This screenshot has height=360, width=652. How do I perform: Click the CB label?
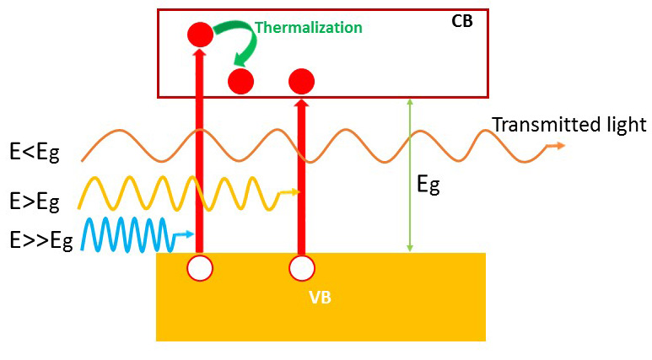point(462,20)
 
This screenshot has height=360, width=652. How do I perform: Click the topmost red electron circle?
point(200,35)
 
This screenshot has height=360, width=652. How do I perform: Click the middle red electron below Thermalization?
point(241,82)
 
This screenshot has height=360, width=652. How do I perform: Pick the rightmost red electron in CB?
point(301,82)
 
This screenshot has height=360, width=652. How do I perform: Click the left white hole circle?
point(200,268)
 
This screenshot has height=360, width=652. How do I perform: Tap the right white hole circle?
point(301,268)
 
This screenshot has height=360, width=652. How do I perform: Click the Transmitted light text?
point(568,126)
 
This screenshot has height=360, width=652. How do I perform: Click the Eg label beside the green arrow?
point(428,185)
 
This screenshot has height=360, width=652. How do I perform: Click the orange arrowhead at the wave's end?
point(558,146)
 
